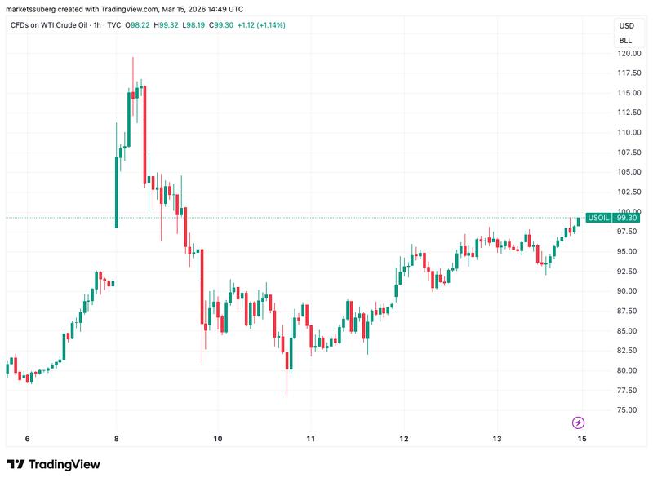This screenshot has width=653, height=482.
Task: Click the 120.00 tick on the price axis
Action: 628,54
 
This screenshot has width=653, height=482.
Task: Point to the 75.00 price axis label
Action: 627,410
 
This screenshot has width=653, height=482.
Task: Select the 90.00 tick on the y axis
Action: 627,291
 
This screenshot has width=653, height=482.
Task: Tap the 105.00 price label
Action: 628,172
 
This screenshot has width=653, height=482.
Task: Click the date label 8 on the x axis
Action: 116,438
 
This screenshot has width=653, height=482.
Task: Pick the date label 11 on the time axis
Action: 310,438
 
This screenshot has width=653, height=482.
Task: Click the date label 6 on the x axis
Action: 27,438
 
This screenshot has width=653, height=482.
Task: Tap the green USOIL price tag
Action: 598,219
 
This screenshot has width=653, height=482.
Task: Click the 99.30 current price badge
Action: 627,219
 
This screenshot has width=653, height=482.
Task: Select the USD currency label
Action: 625,26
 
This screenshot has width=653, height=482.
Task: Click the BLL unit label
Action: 625,40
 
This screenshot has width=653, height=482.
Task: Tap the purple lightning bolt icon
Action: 579,422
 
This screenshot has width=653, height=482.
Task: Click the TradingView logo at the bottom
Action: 54,464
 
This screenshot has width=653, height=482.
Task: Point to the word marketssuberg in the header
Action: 32,8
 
